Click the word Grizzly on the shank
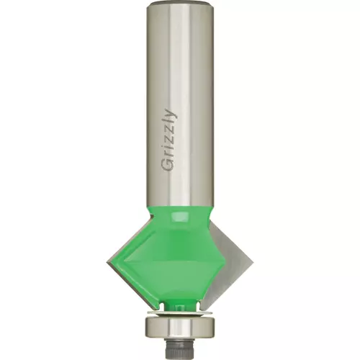click(170, 140)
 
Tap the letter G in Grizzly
click(167, 166)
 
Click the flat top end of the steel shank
click(180, 3)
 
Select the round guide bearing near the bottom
click(180, 327)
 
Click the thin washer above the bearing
click(180, 313)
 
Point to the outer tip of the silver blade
click(253, 261)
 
